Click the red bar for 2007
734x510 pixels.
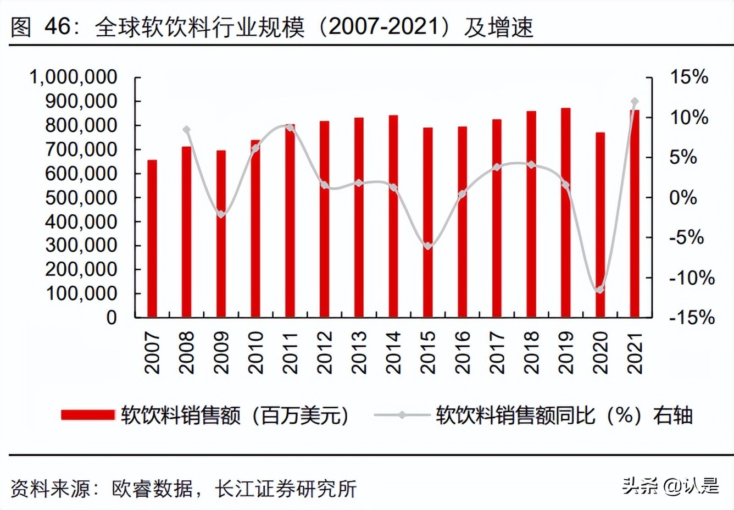pos(152,239)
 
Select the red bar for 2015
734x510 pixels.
pos(427,223)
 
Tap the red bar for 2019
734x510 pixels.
pos(565,213)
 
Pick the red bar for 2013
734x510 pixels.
pos(359,218)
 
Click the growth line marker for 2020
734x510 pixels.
pos(600,289)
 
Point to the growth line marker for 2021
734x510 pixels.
pos(635,102)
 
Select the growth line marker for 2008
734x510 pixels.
pos(187,130)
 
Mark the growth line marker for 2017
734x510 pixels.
pos(497,167)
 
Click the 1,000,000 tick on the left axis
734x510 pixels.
pos(73,77)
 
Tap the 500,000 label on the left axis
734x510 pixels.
pos(81,197)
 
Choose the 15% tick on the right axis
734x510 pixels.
pos(689,77)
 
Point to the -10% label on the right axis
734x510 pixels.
pos(692,278)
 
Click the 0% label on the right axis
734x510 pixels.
pos(683,197)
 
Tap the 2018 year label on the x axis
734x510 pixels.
pos(531,353)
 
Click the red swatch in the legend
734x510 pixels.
pos(88,415)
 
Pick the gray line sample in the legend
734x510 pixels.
pos(402,415)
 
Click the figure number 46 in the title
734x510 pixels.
pos(58,26)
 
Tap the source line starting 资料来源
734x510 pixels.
pos(184,488)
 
